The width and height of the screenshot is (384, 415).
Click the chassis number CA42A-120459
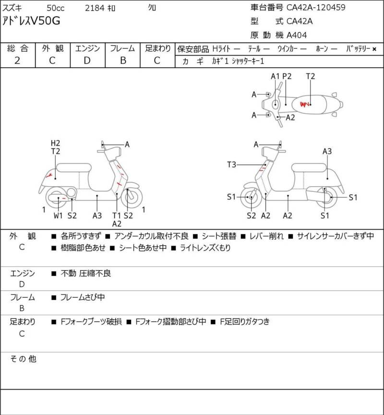pyautogui.click(x=316, y=7)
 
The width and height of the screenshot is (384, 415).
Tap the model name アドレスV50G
pyautogui.click(x=31, y=21)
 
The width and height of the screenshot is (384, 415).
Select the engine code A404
pyautogui.click(x=297, y=35)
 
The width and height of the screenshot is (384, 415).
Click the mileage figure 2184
pyautogui.click(x=95, y=8)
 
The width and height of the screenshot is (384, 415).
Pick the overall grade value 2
pyautogui.click(x=17, y=60)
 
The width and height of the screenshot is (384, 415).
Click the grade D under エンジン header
pyautogui.click(x=87, y=60)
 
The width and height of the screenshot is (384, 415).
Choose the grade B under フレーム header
pyautogui.click(x=123, y=60)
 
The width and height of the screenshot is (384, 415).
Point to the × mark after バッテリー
pyautogui.click(x=374, y=49)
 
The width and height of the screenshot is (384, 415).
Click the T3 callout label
pyautogui.click(x=231, y=165)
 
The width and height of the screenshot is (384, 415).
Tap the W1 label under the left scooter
pyautogui.click(x=58, y=215)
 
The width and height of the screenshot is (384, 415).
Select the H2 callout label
pyautogui.click(x=55, y=143)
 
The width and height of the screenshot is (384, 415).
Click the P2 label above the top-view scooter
pyautogui.click(x=287, y=76)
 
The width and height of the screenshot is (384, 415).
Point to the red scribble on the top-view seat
pyautogui.click(x=304, y=104)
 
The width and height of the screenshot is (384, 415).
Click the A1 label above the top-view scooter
pyautogui.click(x=275, y=76)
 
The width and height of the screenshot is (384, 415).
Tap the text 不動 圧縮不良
pyautogui.click(x=86, y=273)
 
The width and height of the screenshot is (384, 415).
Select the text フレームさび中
pyautogui.click(x=83, y=297)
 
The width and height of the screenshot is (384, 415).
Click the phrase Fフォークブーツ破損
pyautogui.click(x=91, y=321)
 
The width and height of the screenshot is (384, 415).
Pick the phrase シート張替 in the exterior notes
pyautogui.click(x=219, y=236)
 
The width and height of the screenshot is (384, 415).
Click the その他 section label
pyautogui.click(x=23, y=359)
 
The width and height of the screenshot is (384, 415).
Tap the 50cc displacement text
pyautogui.click(x=56, y=8)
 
